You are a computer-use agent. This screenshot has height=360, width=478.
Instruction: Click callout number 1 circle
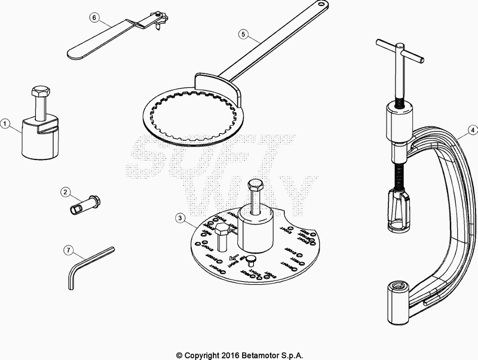(x=5, y=125)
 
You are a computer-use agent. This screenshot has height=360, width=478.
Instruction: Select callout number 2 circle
(x=66, y=192)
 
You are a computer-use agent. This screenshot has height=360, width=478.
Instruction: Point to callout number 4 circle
(x=472, y=129)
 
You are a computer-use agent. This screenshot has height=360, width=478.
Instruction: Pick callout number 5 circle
(x=243, y=34)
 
